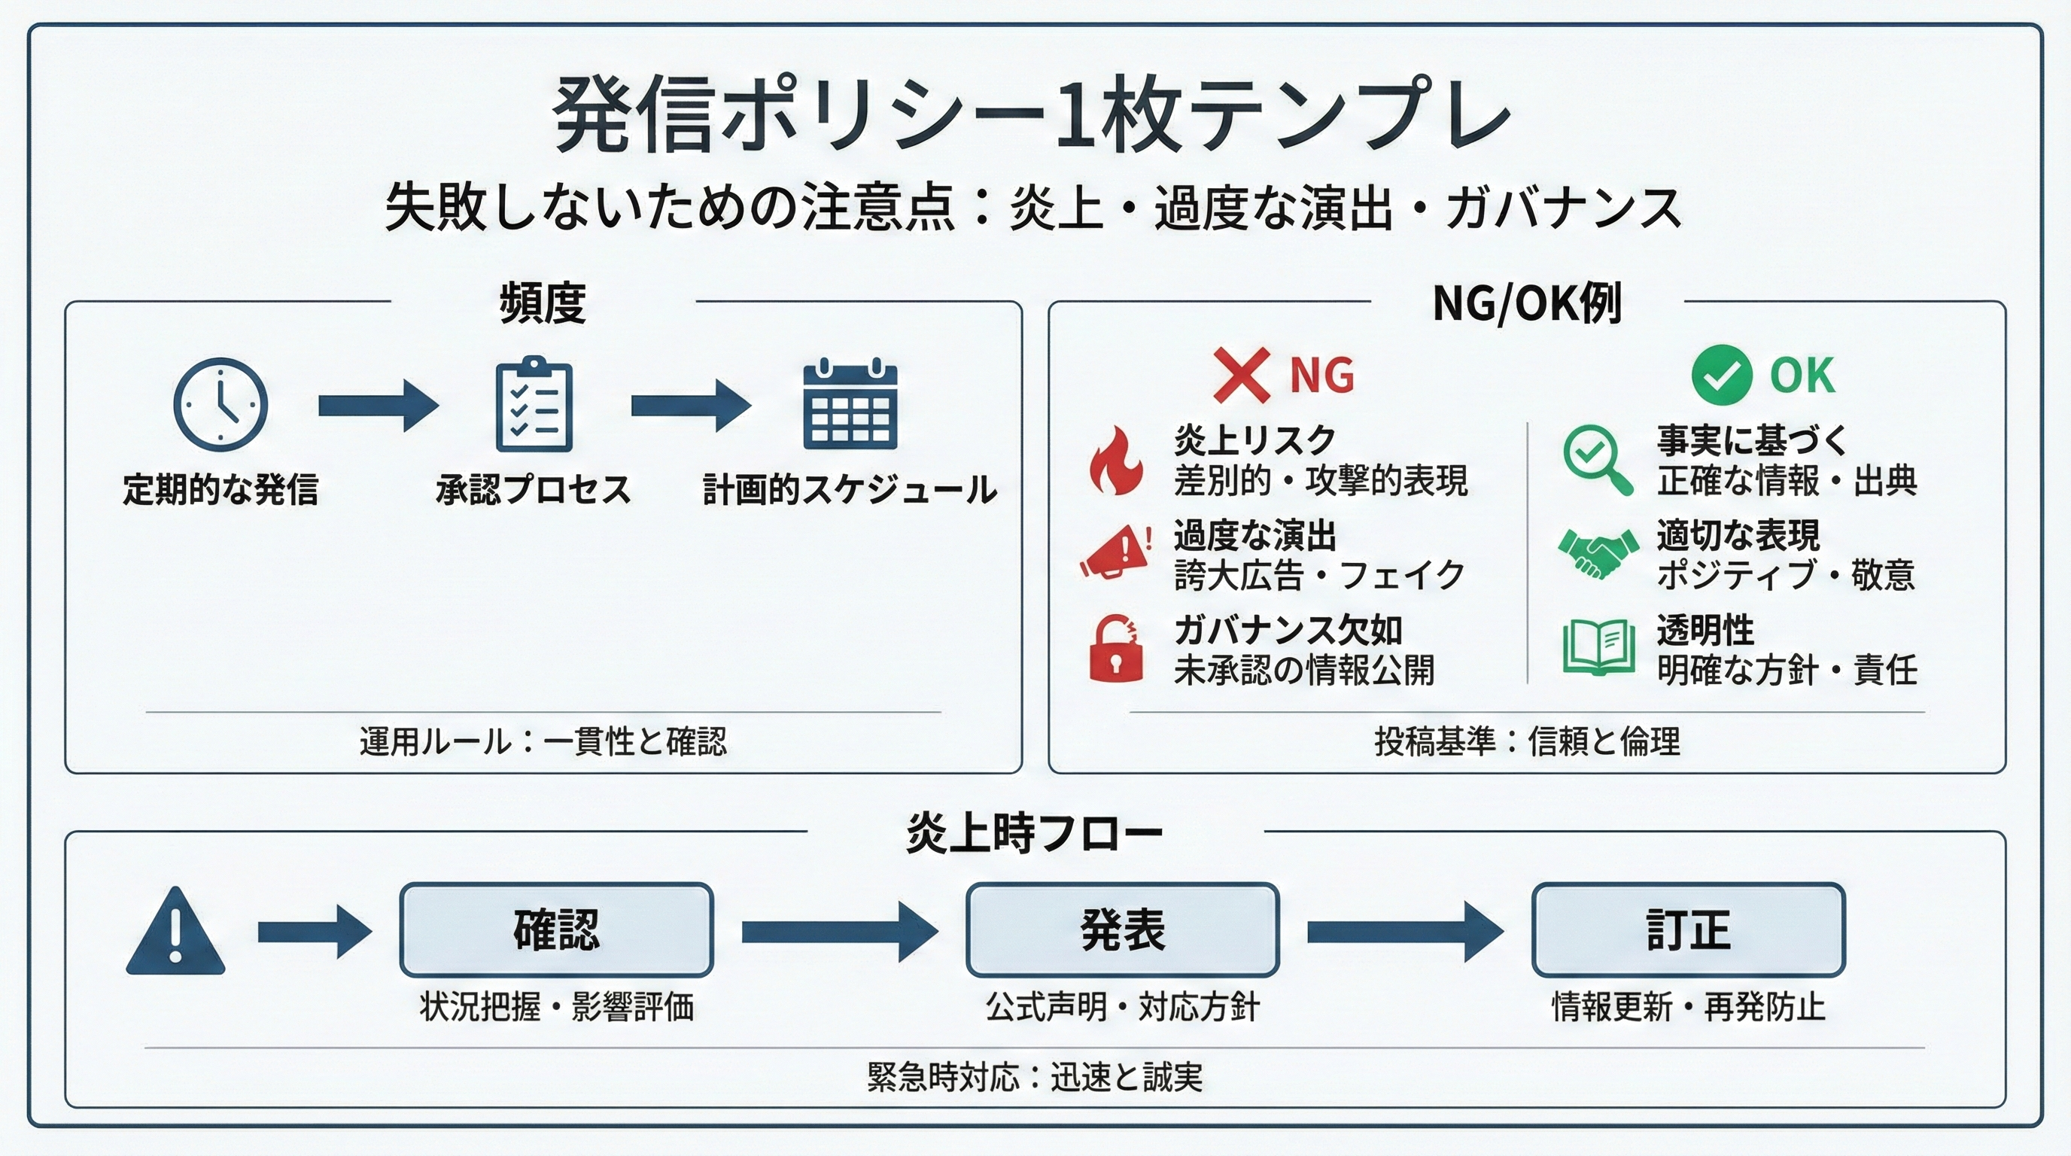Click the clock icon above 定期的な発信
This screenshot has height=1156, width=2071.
(x=220, y=404)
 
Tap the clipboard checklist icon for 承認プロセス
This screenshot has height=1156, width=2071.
(x=534, y=404)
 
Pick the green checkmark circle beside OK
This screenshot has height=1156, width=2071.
(x=1721, y=375)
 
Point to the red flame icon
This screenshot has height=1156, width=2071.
(x=1116, y=460)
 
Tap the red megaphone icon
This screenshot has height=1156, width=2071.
(x=1115, y=552)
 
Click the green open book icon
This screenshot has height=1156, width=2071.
(x=1598, y=646)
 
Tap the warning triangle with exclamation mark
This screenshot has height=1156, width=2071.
(x=175, y=932)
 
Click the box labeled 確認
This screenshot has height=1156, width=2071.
(x=556, y=930)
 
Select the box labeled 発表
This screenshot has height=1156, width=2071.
(x=1122, y=930)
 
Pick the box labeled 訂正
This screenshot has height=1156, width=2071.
(x=1688, y=930)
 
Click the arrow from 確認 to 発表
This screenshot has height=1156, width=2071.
(x=838, y=932)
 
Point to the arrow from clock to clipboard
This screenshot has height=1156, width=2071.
(x=378, y=406)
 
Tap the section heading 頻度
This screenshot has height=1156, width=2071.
(x=543, y=303)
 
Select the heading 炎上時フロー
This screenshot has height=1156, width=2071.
(x=1034, y=834)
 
